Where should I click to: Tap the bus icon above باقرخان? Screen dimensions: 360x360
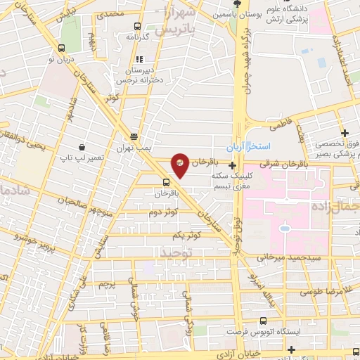coord(166,181)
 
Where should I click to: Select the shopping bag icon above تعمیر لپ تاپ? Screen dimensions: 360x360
coord(82,147)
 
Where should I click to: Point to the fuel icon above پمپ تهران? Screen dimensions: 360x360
coord(134,138)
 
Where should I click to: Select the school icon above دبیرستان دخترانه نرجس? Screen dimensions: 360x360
coord(139,59)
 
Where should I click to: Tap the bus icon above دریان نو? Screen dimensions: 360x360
coord(63,49)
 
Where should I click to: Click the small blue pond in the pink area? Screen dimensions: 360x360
coord(285,228)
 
